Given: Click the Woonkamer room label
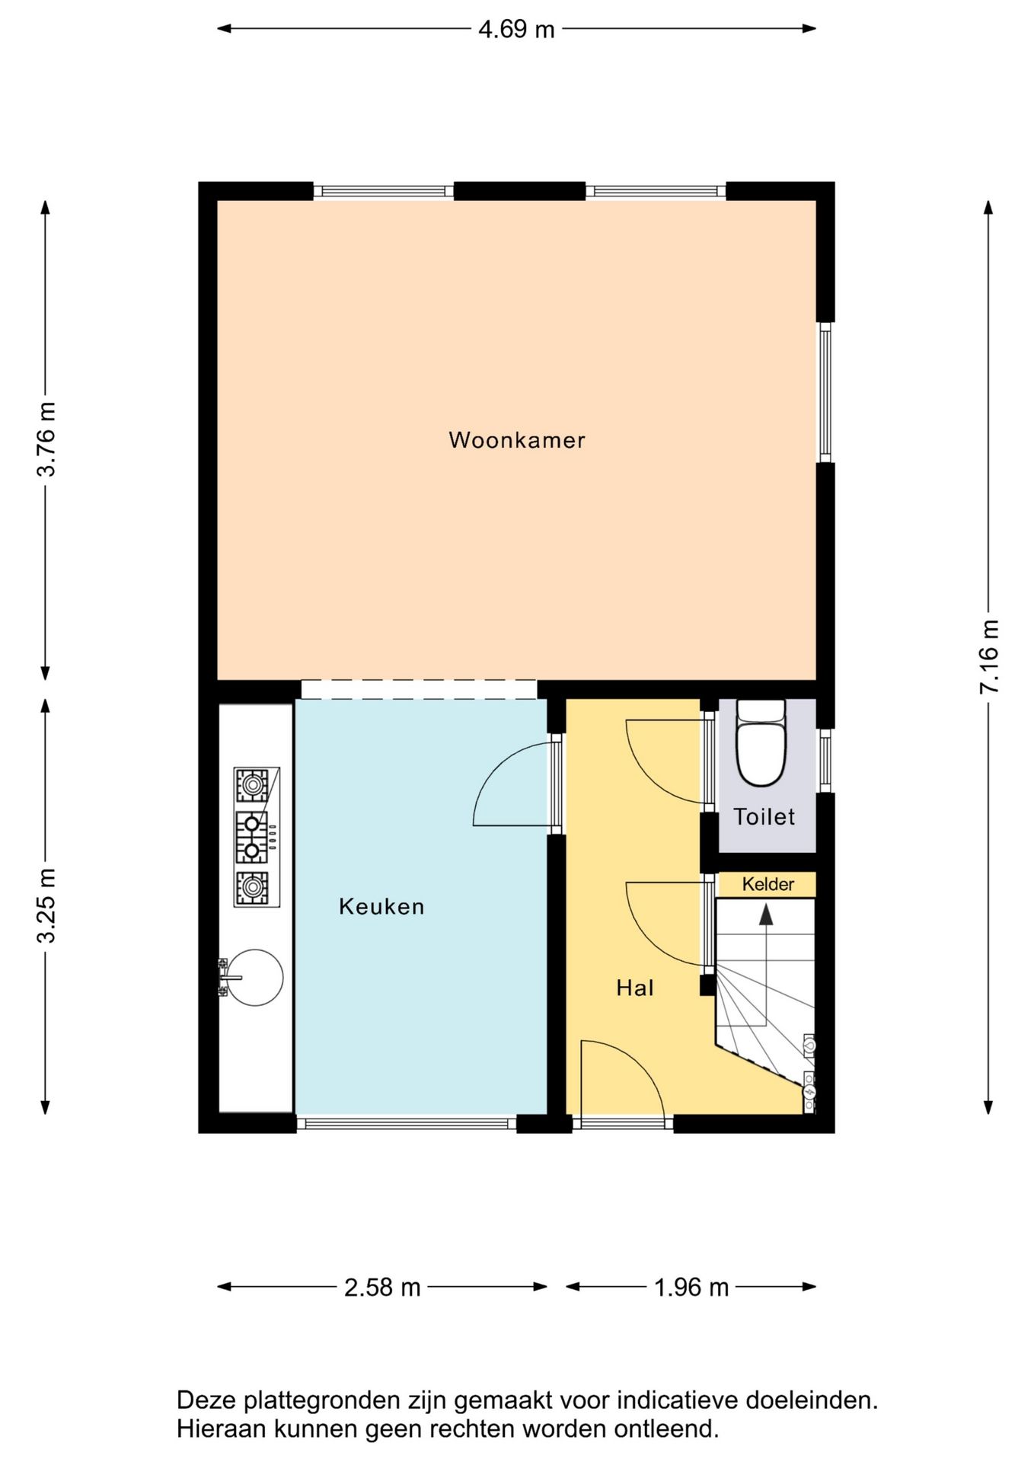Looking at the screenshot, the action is (x=517, y=440).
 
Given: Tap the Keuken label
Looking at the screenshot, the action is (x=381, y=906).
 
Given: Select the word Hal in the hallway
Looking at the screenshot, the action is (x=635, y=988).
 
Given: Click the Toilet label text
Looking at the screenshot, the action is (x=764, y=816).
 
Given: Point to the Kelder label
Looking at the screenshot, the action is (x=768, y=884).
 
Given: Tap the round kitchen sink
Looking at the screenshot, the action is (x=255, y=978).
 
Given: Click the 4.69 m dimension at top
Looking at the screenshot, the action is (x=516, y=29).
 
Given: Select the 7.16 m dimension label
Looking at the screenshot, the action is (x=988, y=656).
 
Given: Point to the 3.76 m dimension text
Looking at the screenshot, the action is (x=46, y=439).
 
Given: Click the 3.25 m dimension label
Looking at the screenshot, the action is (x=46, y=905).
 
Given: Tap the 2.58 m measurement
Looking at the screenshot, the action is (x=382, y=1287).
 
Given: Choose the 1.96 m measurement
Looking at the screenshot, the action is (x=691, y=1287).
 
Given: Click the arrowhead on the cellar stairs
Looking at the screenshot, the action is (x=766, y=915).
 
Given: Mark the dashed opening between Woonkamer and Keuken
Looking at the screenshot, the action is (x=419, y=689).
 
